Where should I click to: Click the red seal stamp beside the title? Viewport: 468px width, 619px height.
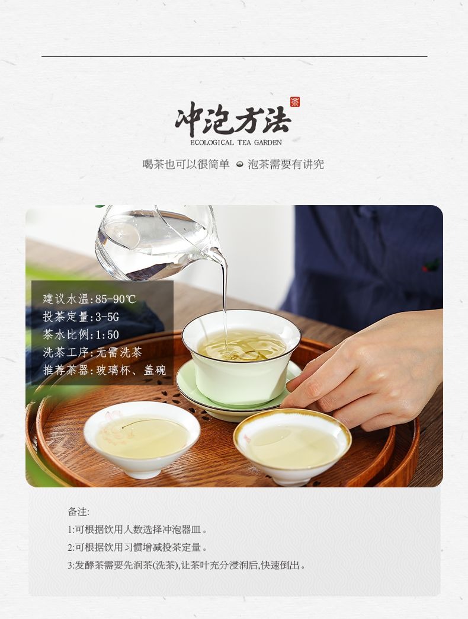click(x=295, y=102)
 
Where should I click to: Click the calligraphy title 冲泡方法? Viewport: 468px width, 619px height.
click(x=233, y=119)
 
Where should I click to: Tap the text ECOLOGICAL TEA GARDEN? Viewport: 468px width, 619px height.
click(x=236, y=142)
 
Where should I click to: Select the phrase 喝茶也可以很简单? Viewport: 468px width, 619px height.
click(x=185, y=164)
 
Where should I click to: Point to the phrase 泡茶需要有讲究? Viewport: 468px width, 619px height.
click(x=286, y=164)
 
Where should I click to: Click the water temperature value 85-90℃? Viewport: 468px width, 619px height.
click(x=116, y=299)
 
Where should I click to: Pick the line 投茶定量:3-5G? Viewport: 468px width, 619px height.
click(x=81, y=317)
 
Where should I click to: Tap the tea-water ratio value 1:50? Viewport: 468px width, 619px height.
click(x=107, y=335)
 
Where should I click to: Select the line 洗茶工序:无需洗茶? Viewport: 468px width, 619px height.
click(x=92, y=352)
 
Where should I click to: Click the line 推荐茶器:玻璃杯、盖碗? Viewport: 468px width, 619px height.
click(x=104, y=370)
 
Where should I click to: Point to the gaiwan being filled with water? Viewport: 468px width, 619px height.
click(x=241, y=357)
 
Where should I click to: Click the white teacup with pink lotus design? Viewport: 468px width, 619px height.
click(x=142, y=438)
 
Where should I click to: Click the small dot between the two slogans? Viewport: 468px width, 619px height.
click(x=239, y=165)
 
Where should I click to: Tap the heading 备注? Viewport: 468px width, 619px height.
click(x=78, y=512)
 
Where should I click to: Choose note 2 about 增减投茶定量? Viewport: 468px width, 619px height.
click(x=137, y=547)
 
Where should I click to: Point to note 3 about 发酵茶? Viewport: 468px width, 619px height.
click(x=186, y=565)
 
